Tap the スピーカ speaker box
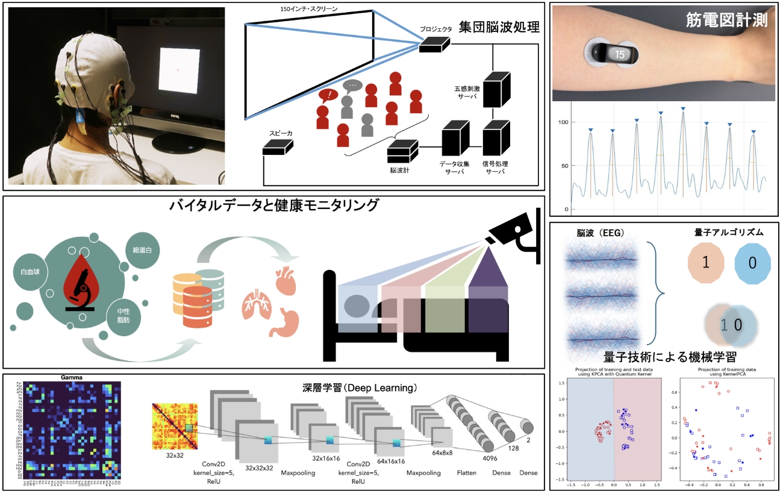(278, 147)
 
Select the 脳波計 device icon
(402, 150)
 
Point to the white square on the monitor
(177, 70)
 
